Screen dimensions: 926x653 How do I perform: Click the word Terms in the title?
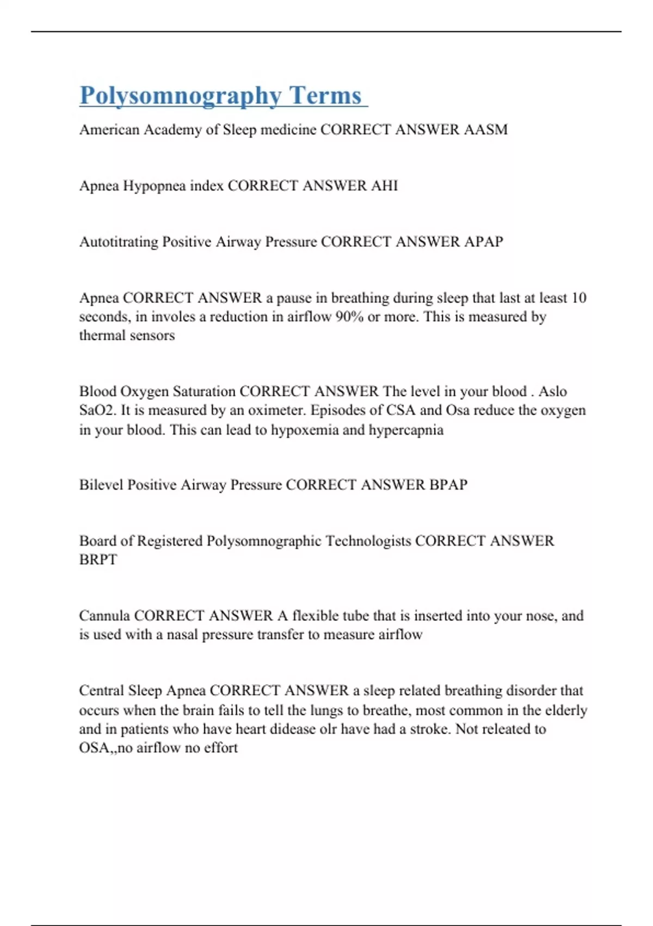[325, 96]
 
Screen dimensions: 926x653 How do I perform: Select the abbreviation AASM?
[485, 130]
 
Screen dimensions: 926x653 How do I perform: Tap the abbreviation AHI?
[384, 186]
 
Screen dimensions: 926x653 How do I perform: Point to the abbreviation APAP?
[483, 241]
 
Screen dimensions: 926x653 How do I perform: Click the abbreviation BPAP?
[448, 485]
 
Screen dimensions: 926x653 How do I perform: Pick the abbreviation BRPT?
[98, 560]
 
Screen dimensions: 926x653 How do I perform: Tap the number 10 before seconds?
[578, 298]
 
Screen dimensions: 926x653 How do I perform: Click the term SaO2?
[97, 410]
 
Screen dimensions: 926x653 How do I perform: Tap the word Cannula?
[104, 616]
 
